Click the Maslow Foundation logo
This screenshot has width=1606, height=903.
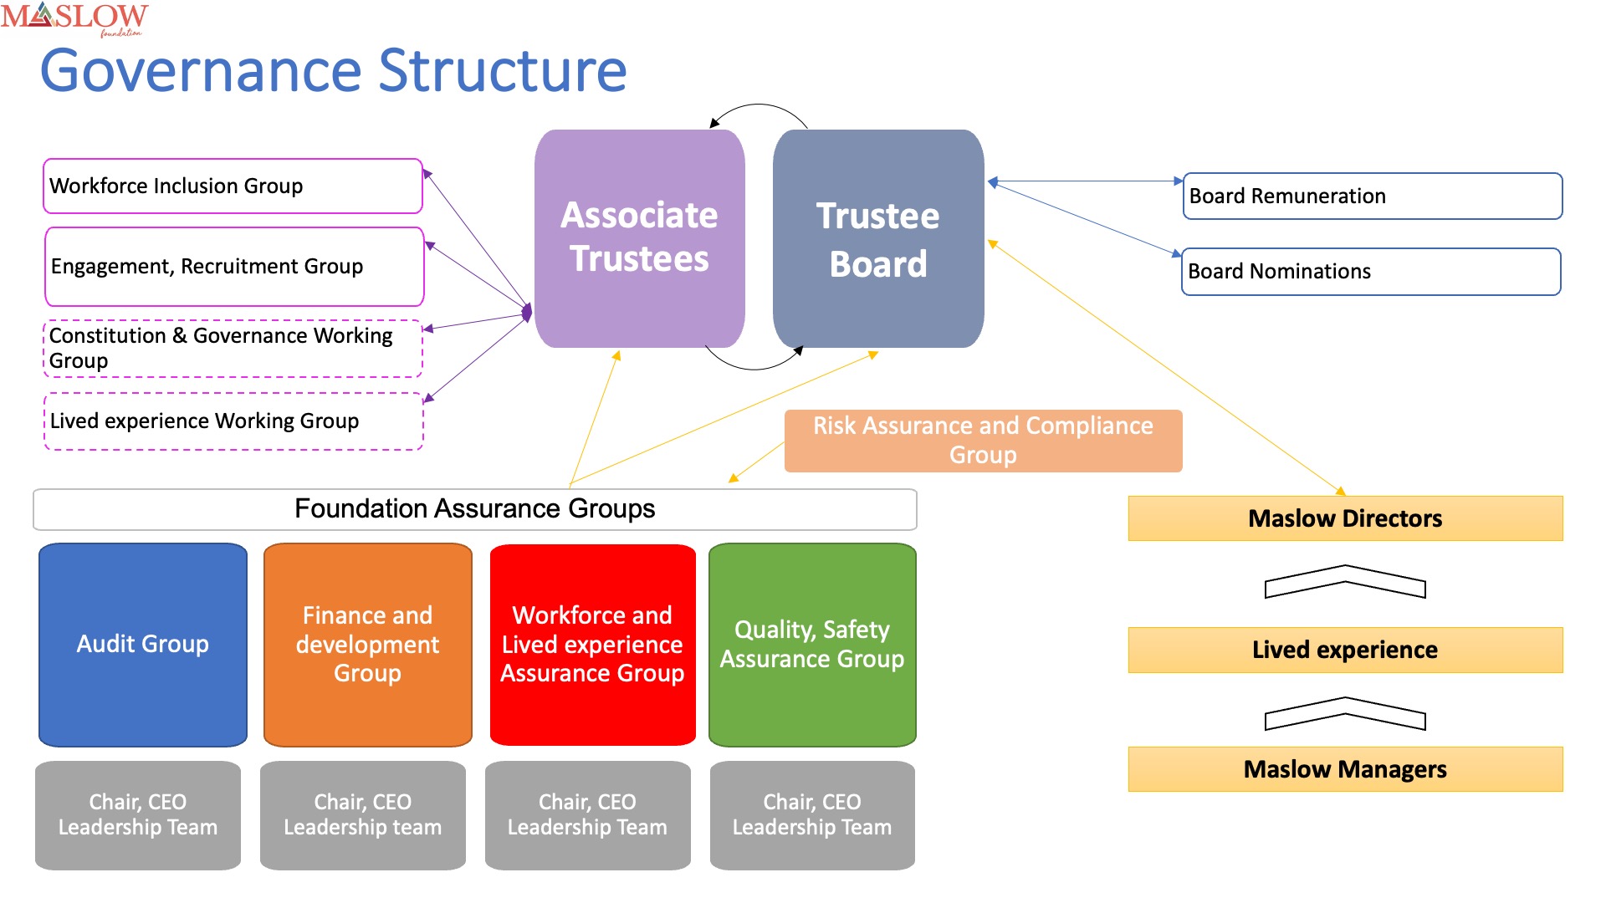[x=74, y=19]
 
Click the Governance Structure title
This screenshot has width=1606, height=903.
[x=333, y=71]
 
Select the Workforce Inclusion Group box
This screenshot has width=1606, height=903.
[x=233, y=186]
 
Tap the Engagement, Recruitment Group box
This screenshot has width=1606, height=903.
[x=234, y=267]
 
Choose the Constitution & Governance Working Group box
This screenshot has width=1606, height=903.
[x=233, y=349]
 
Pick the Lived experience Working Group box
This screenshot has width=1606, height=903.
[x=233, y=421]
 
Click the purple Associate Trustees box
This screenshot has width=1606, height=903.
[x=640, y=238]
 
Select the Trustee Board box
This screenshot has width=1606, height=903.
[x=878, y=238]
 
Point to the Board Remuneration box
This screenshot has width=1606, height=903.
[x=1373, y=196]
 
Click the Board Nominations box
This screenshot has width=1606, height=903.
[x=1371, y=272]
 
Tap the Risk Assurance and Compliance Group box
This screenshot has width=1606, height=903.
[x=983, y=441]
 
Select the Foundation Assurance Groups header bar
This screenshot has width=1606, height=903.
[x=475, y=509]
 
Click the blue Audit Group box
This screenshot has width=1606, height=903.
[x=143, y=645]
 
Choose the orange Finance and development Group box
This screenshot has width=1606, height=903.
[x=368, y=645]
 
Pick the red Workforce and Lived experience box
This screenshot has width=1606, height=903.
[x=593, y=645]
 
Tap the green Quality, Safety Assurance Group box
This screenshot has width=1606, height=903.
[x=812, y=645]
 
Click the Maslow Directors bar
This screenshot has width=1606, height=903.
[x=1345, y=518]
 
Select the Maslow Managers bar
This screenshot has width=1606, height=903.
[x=1345, y=769]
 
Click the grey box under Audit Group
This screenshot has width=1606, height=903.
[x=138, y=815]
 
